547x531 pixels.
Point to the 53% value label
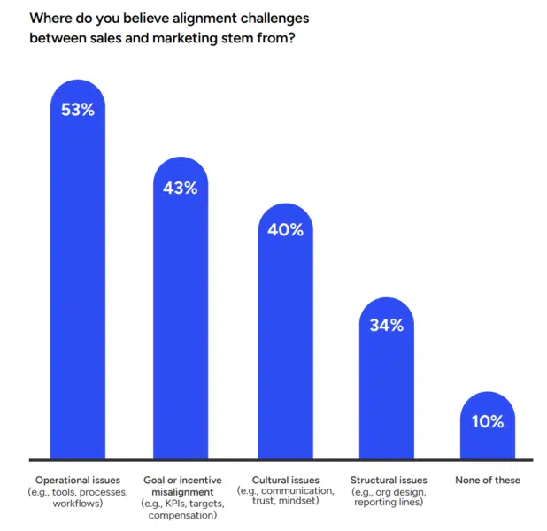77,111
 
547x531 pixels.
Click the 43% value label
181,188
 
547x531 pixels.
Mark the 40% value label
285,230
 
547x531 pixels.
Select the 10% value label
488,421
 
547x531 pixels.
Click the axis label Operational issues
77,480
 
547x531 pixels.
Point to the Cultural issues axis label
285,480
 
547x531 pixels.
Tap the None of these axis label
488,480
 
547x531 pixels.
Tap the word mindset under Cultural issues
304,503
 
